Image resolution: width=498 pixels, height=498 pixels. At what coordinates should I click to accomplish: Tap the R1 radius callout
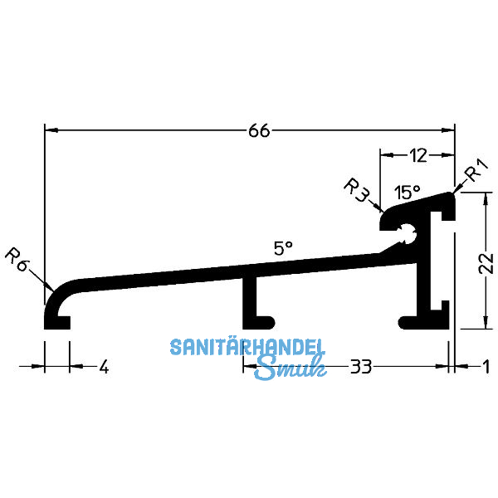475,173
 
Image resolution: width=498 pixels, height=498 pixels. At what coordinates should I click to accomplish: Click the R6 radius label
17,256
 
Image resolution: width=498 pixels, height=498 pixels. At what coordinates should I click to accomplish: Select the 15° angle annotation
407,193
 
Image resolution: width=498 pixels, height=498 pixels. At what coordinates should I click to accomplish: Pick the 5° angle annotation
283,247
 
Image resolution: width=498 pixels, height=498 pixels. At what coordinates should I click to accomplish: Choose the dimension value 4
103,366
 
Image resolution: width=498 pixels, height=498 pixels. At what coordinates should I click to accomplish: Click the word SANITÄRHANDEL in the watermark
248,347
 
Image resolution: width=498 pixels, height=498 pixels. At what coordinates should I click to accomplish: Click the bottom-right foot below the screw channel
419,320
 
